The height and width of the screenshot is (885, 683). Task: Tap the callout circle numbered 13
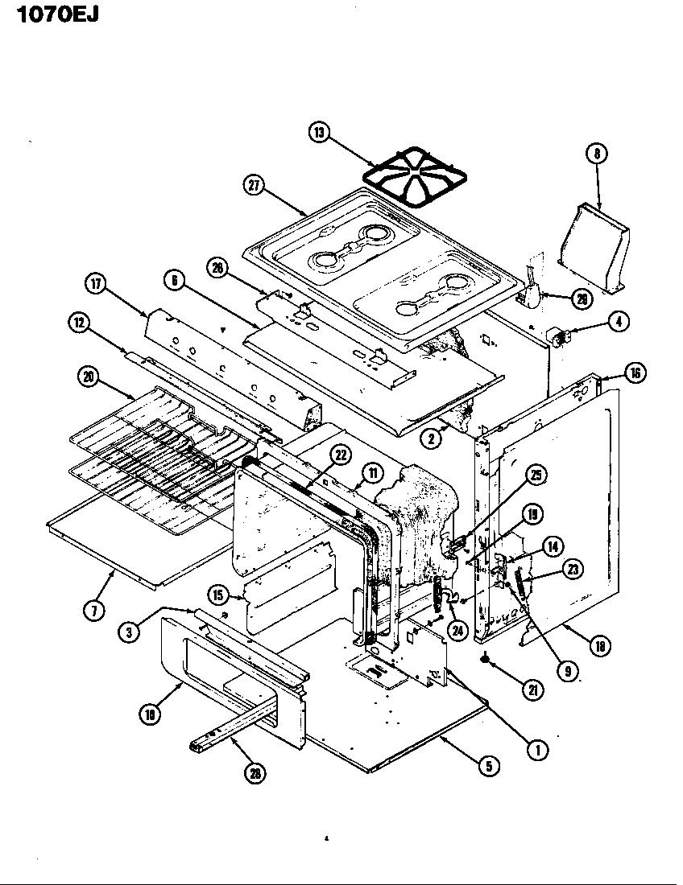coord(321,133)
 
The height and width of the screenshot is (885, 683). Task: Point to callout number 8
coord(598,154)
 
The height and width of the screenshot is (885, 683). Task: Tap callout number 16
coord(636,373)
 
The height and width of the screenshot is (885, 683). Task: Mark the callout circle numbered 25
coord(533,475)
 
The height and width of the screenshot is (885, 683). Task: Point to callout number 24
coord(457,631)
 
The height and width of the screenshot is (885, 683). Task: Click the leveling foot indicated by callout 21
coord(486,660)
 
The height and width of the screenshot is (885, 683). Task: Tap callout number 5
coord(488,765)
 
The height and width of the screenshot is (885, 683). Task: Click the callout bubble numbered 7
coord(94,611)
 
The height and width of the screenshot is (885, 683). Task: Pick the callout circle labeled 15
coord(217,596)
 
